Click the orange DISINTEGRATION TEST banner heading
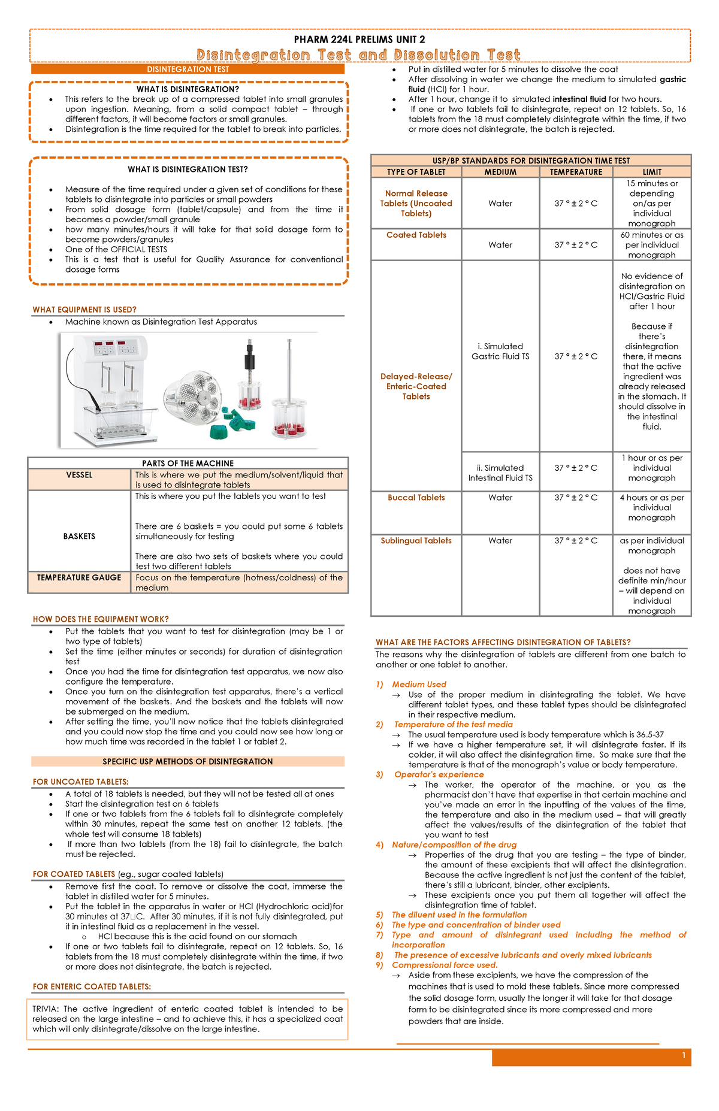[x=188, y=69]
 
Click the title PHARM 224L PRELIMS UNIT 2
[x=359, y=40]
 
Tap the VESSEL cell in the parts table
[x=79, y=475]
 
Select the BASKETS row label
[x=79, y=536]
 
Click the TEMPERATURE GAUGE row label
[x=79, y=578]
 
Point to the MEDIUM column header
[x=500, y=172]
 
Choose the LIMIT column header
[x=652, y=172]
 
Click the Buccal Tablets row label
[x=416, y=498]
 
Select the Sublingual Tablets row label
[x=416, y=541]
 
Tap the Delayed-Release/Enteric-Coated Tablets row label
[x=416, y=386]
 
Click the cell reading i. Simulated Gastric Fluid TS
[x=500, y=351]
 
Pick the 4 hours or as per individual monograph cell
[x=652, y=507]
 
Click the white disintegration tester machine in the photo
[x=114, y=389]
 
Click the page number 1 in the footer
[x=684, y=1056]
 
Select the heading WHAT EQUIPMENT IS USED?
[x=84, y=310]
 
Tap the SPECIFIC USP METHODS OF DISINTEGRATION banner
[x=188, y=762]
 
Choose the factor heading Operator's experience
[x=439, y=774]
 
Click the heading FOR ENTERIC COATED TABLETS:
[x=92, y=986]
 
